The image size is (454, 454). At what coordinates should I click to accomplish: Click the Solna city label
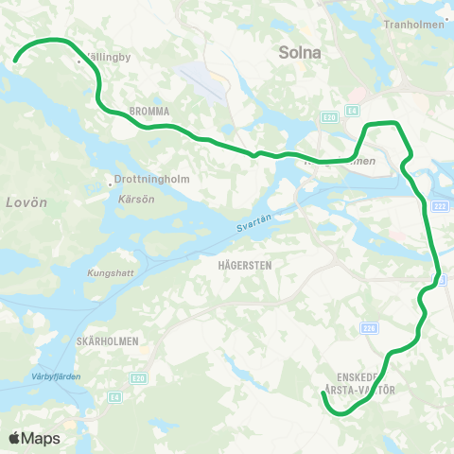coord(301,54)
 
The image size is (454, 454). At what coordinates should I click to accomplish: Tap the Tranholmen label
coord(414,26)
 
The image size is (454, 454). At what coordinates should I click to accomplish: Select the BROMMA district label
coord(149,112)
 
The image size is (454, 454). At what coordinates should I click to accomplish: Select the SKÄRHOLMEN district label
coord(107,340)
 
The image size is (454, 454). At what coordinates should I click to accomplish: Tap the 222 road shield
coord(439,206)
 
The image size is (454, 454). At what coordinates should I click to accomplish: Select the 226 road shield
coord(369,328)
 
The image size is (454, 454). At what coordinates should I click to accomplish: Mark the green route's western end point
coord(15,62)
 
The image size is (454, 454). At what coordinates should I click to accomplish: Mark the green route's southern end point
coord(323,394)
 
